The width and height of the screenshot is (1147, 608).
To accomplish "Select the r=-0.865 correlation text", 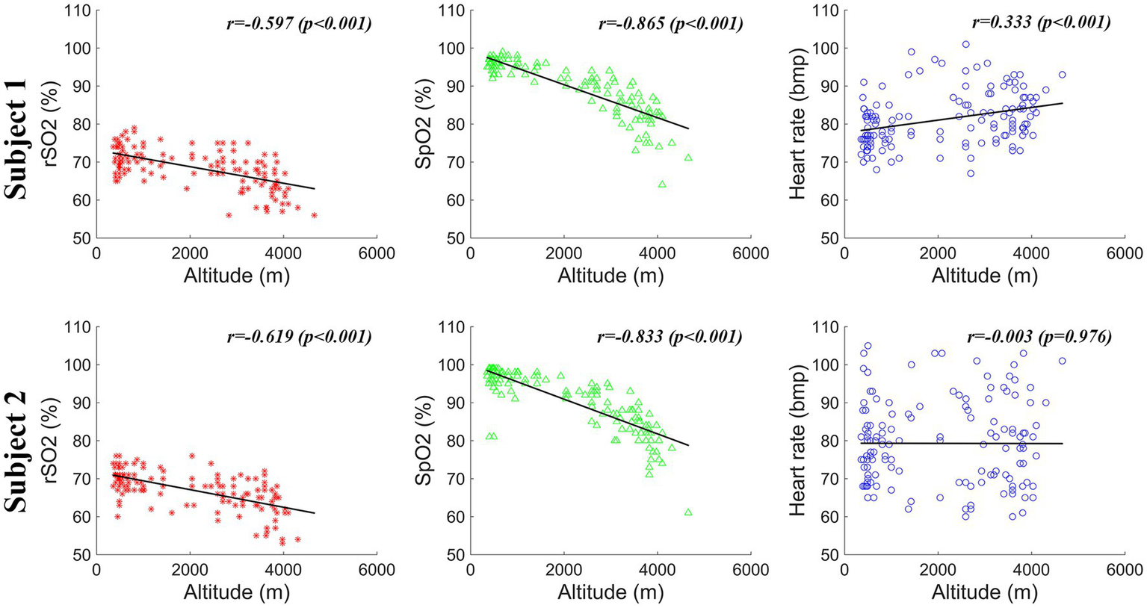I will coord(670,23).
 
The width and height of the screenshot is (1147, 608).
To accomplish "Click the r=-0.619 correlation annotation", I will coord(299,337).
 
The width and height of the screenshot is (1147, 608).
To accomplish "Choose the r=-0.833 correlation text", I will coord(670,337).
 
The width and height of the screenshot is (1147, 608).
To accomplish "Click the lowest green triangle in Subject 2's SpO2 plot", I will coord(688,512).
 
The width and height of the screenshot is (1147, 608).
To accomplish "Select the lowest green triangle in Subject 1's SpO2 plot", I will coord(662,184).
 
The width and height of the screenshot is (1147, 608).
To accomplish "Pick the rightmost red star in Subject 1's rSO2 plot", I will coord(315,215).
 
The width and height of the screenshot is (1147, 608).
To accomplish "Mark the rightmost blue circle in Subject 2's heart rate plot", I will coord(1062,361).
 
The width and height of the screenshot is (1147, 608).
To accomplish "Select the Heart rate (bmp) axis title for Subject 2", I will coord(798,441).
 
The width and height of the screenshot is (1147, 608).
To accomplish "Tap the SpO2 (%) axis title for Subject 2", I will coord(424,441).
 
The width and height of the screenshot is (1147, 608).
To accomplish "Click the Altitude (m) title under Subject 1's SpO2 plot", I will coord(610,276).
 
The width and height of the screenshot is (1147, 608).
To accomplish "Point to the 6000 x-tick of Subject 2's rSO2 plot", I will coord(377,569).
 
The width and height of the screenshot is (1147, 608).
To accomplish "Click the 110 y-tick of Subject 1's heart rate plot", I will coord(827,11).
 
